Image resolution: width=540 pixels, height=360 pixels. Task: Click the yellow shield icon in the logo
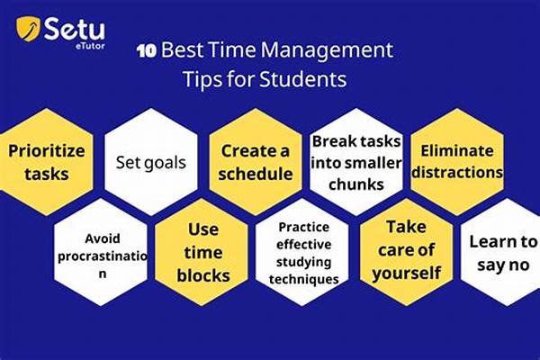coord(28,28)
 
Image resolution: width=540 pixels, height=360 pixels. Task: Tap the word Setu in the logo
coord(75,30)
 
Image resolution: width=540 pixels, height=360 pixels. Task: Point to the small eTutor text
coord(90,46)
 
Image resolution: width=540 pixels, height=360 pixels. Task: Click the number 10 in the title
coord(147,51)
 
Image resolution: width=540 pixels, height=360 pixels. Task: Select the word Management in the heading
coord(327,50)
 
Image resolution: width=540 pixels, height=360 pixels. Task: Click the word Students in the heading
coord(302,79)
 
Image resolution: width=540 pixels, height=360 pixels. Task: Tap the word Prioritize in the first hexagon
coord(47,151)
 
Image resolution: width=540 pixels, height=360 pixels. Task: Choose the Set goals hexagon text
coord(151,163)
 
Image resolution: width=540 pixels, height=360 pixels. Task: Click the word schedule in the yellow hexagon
coord(256,174)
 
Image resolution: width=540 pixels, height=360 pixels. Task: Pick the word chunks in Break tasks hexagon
coord(356,184)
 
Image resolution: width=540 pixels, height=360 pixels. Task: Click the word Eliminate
coord(457,151)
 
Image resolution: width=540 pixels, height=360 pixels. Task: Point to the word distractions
coord(457,172)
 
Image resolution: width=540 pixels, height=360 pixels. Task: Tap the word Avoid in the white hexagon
coord(103,238)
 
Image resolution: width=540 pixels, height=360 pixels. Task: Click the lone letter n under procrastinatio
coord(103,274)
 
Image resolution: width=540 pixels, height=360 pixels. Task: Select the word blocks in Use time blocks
coord(203,275)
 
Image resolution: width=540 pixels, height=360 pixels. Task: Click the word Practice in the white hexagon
coord(304,227)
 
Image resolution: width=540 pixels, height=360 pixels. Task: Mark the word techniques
coord(304,279)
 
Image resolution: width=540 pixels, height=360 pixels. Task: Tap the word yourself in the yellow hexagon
coord(407,274)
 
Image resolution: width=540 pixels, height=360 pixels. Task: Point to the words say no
coord(503,265)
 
